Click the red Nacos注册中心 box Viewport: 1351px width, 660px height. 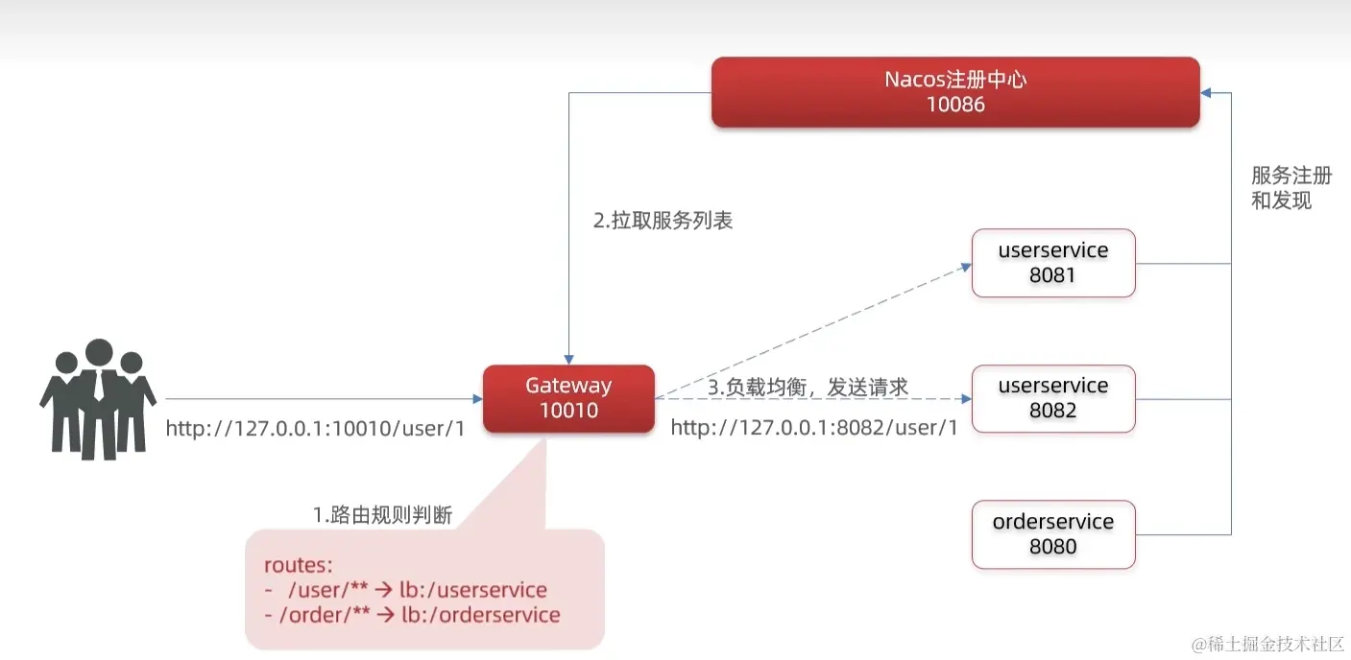(954, 91)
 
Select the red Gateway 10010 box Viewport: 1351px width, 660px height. (568, 398)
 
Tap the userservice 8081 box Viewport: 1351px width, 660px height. (1053, 263)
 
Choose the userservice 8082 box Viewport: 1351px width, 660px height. (1053, 398)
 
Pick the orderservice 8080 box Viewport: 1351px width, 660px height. (1053, 534)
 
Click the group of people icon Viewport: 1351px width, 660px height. (98, 398)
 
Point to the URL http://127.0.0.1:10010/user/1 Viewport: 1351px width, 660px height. (315, 429)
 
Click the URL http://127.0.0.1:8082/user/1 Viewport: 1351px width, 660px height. (814, 428)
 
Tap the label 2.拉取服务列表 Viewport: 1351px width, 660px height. (663, 221)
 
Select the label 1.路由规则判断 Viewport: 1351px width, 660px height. (382, 515)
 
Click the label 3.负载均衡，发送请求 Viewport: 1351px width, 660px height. (808, 387)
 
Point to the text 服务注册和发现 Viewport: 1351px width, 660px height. (1291, 188)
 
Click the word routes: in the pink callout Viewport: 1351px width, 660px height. (299, 565)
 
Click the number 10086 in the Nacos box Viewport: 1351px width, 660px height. (955, 105)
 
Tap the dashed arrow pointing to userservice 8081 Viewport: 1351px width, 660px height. (816, 331)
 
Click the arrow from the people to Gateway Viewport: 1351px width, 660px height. (326, 398)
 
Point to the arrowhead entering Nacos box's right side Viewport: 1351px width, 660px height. (1207, 93)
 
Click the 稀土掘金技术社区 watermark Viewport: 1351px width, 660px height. (1267, 643)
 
